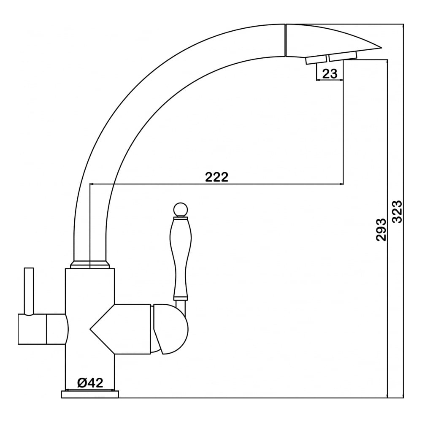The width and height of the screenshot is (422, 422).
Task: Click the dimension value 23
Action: point(330,73)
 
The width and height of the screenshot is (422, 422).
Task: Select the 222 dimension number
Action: point(216,177)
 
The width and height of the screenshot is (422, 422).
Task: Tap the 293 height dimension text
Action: point(381,229)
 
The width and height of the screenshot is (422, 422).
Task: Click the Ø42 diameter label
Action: point(90,383)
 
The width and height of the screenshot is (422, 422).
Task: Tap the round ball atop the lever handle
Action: point(180,210)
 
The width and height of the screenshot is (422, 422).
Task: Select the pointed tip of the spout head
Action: point(381,48)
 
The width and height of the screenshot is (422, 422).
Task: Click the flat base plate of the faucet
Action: point(90,394)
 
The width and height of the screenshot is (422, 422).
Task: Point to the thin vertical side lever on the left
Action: point(29,291)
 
